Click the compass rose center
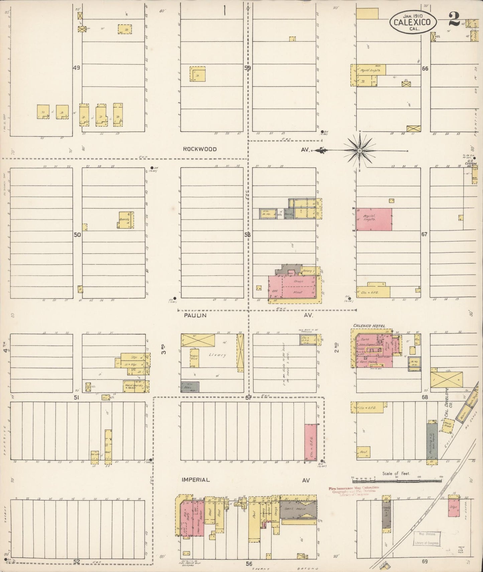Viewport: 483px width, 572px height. point(359,151)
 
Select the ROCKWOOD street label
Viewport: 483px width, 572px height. point(200,149)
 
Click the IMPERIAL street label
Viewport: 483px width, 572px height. point(196,480)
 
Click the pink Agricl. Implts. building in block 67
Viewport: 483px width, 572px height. point(374,219)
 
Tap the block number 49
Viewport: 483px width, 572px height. point(77,68)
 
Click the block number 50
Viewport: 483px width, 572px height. point(77,235)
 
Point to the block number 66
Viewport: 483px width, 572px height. point(425,68)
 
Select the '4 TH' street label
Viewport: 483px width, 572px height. point(5,352)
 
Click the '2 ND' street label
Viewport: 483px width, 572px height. point(337,348)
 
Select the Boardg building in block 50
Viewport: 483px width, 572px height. point(126,220)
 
